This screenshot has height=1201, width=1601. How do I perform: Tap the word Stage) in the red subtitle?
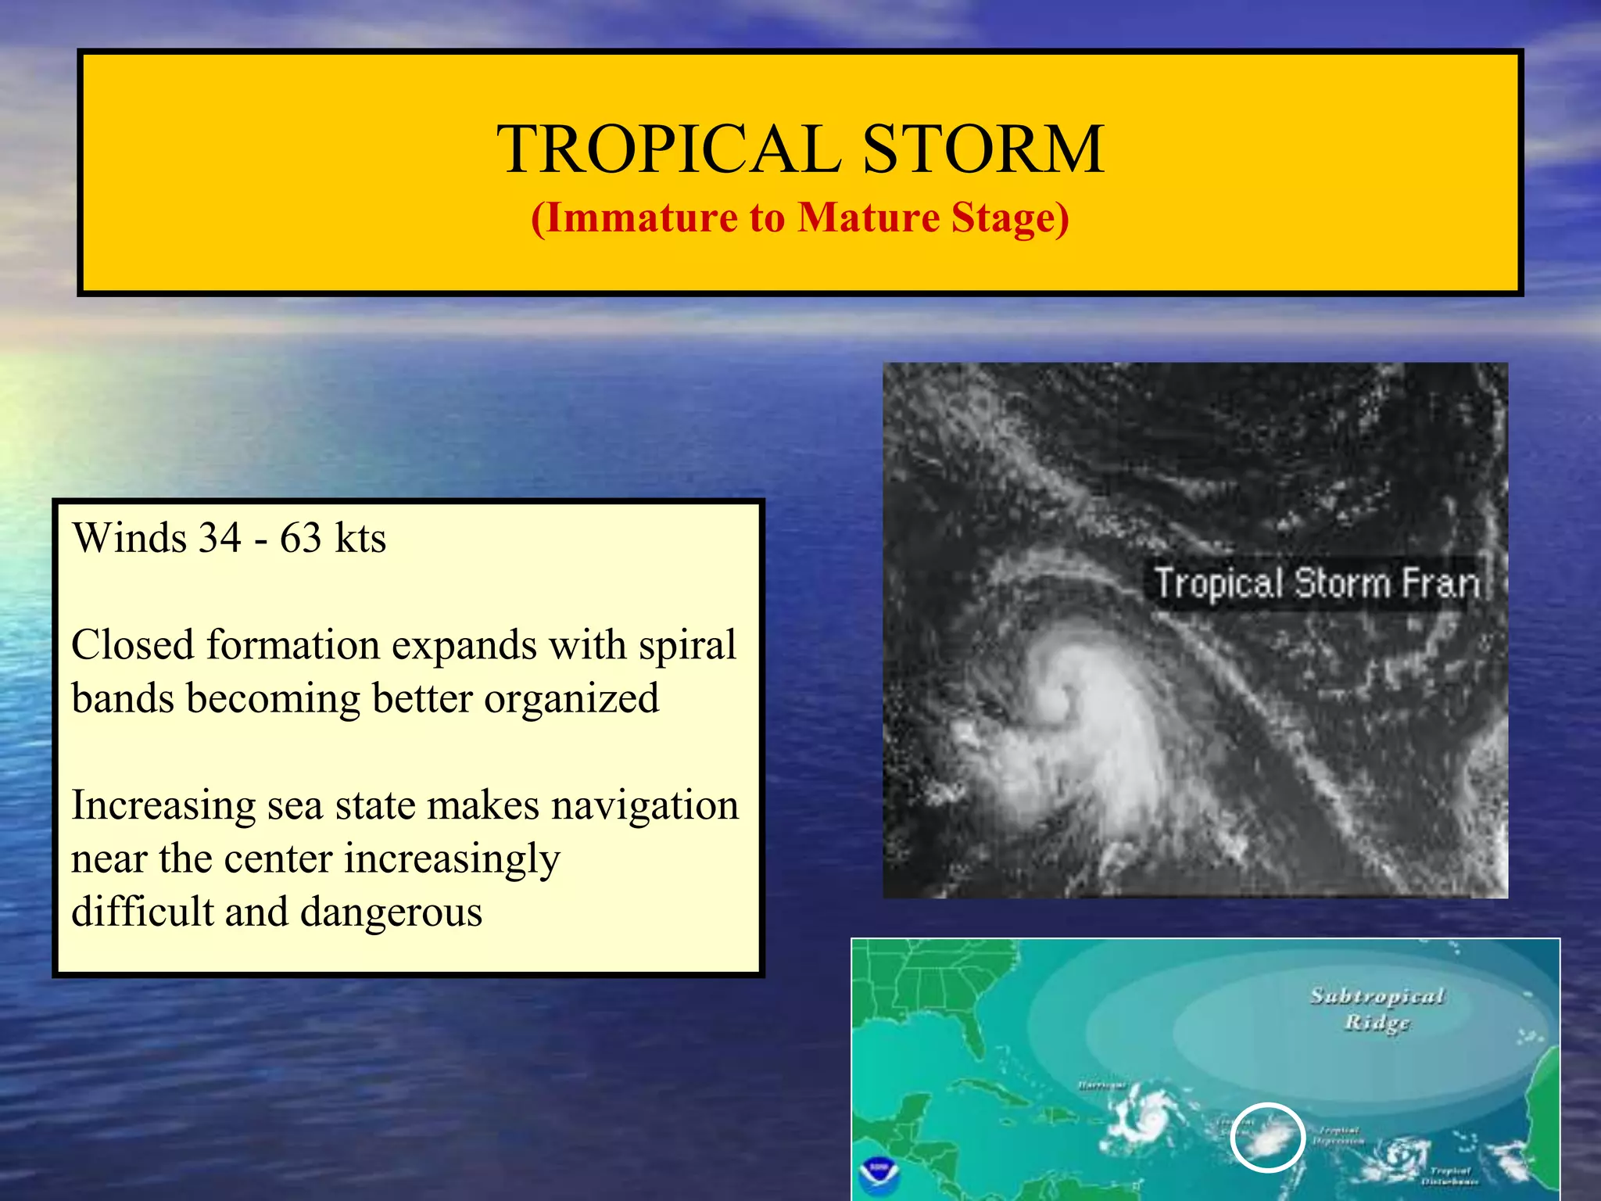pos(1009,218)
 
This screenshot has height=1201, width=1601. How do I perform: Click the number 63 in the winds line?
pos(301,538)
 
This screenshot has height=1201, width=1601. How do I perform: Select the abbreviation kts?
pos(360,538)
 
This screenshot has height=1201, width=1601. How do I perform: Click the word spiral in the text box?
pos(687,645)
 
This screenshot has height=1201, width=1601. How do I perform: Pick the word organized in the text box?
pos(571,698)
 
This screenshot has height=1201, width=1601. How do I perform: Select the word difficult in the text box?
pos(142,912)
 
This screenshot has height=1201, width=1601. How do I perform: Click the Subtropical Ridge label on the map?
pos(1377,1009)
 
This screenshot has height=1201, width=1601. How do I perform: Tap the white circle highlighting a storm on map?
pos(1267,1137)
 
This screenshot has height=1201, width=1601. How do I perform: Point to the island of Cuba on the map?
pos(989,1090)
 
